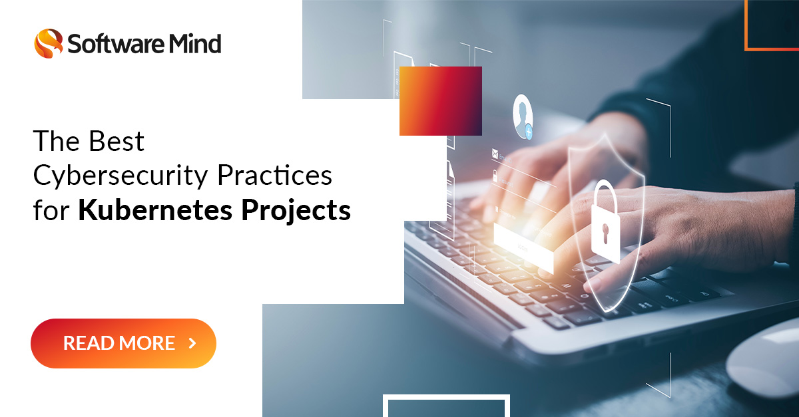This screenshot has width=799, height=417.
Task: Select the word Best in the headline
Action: click(x=116, y=142)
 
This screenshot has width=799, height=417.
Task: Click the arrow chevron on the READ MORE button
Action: click(x=192, y=343)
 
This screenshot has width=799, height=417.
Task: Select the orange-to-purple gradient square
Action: click(x=440, y=100)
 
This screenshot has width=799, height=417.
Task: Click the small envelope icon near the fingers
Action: click(x=495, y=154)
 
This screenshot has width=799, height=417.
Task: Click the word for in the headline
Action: click(x=52, y=210)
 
